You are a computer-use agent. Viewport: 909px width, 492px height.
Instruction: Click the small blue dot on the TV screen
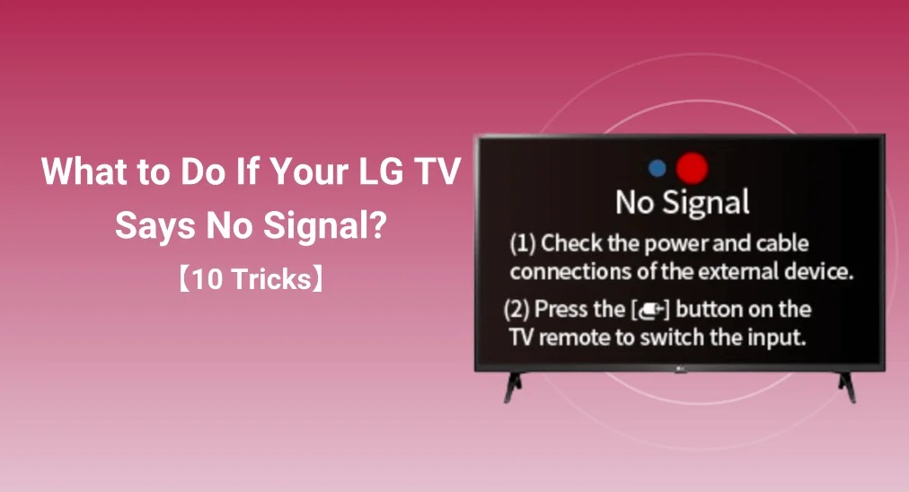pyautogui.click(x=657, y=168)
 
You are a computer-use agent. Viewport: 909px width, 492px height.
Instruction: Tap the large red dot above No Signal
pyautogui.click(x=693, y=168)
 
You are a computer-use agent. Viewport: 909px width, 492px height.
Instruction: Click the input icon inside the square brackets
pyautogui.click(x=650, y=311)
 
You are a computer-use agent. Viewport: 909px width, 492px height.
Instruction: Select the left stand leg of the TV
pyautogui.click(x=513, y=387)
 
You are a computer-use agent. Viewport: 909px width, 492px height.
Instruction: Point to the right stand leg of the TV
pyautogui.click(x=847, y=387)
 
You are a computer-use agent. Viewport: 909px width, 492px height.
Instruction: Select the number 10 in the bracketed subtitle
pyautogui.click(x=207, y=279)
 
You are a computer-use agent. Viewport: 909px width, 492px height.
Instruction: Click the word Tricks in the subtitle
pyautogui.click(x=271, y=279)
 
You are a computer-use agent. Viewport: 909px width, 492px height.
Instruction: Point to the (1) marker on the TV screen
pyautogui.click(x=523, y=244)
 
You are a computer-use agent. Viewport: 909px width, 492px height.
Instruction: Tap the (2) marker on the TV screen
pyautogui.click(x=516, y=310)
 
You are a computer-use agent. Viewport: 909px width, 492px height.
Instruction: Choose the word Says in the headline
pyautogui.click(x=154, y=226)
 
